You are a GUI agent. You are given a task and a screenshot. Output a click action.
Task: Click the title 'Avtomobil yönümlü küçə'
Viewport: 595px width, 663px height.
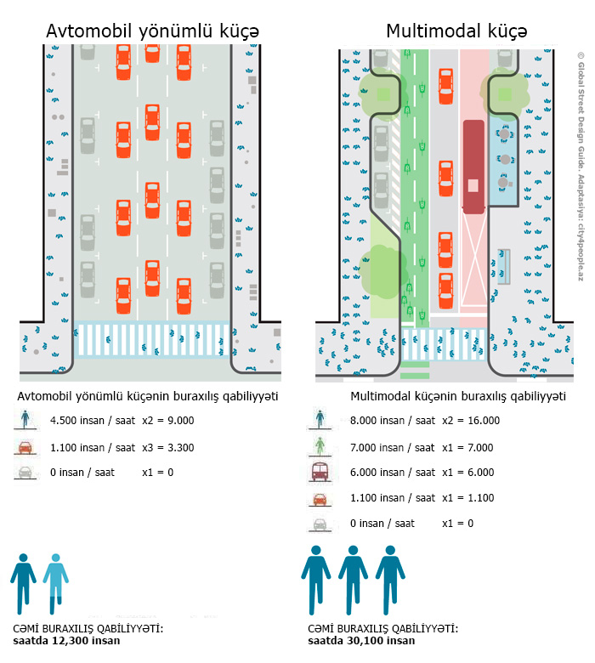coord(152,31)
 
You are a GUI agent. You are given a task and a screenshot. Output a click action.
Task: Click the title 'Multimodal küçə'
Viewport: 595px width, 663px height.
coord(456,31)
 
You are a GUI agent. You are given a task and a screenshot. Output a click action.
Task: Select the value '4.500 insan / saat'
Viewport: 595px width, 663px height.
coord(93,420)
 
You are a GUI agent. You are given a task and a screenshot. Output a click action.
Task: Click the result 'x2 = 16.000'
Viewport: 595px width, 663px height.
coord(471,420)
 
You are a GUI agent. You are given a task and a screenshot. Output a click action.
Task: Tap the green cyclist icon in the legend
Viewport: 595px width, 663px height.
coord(320,445)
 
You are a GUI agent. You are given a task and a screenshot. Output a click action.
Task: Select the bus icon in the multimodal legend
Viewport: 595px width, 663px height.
coord(320,472)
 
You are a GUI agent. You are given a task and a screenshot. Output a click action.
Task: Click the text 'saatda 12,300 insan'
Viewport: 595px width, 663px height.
coord(66,641)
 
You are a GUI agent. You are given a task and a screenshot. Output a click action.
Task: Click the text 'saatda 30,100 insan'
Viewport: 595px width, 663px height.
coord(361,641)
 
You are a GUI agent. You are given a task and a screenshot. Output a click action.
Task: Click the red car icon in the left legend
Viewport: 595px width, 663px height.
coord(25,447)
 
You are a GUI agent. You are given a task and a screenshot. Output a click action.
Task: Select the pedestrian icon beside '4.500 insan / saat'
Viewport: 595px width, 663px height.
coord(25,419)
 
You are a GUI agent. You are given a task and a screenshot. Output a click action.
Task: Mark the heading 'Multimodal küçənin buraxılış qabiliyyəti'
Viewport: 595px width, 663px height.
coord(458,397)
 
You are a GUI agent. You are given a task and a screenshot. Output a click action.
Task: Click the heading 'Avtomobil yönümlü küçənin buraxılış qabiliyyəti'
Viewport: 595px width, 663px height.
coord(148,397)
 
